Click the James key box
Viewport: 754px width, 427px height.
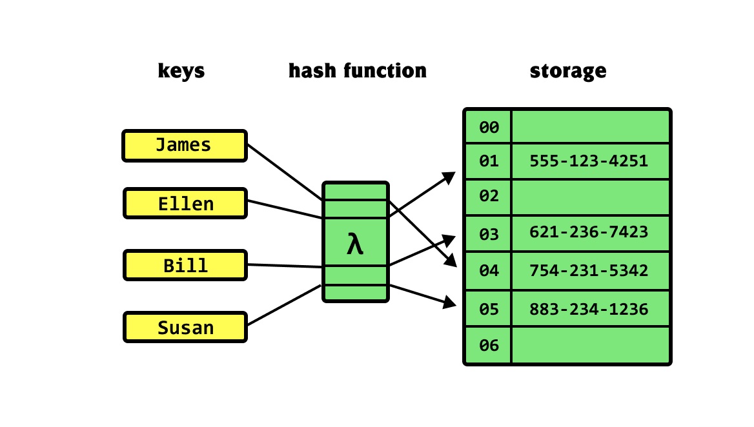[185, 146]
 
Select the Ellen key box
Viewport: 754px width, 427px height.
[185, 204]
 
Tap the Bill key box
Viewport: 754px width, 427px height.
[185, 265]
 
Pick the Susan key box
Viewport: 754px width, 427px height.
[185, 327]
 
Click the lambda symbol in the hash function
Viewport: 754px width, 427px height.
[355, 244]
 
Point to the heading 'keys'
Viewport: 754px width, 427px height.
[181, 70]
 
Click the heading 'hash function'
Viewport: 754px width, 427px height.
[357, 70]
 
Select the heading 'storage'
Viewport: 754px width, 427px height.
[568, 70]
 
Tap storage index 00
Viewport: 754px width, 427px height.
[489, 128]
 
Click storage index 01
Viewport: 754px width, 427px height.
[489, 161]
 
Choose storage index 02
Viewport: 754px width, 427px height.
[489, 196]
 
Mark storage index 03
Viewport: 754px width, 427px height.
[489, 234]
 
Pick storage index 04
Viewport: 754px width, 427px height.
[489, 271]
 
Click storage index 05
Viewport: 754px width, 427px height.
[489, 310]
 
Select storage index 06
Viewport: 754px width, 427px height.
[489, 346]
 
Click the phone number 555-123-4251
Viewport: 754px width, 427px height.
[588, 161]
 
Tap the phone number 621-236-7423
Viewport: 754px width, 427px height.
[588, 232]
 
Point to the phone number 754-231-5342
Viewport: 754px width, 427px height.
[588, 271]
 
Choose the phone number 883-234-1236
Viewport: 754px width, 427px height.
[588, 310]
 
